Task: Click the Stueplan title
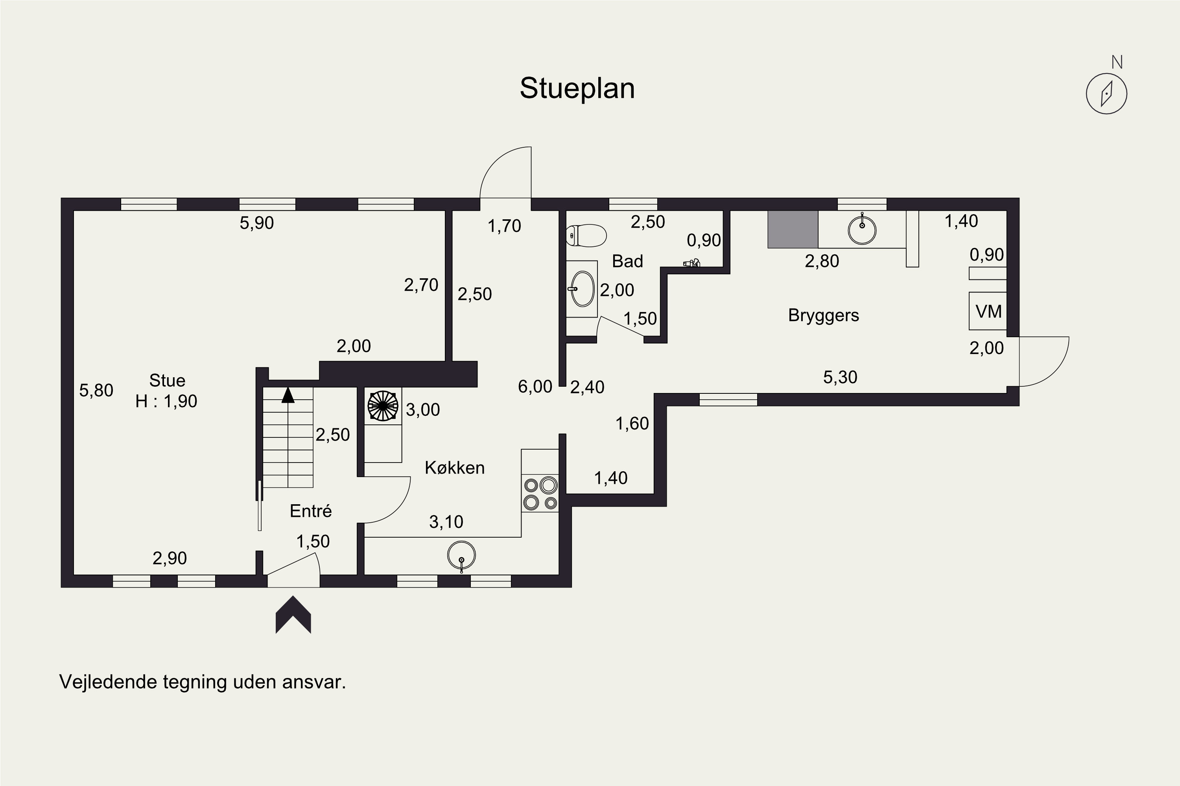(577, 89)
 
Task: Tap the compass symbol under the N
(1106, 94)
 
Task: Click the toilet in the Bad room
(586, 235)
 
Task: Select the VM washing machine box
(987, 311)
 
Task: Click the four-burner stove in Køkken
(540, 493)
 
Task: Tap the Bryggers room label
(823, 315)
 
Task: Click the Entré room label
(311, 511)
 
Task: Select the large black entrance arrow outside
(293, 615)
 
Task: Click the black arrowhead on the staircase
(288, 395)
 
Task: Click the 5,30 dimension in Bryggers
(840, 377)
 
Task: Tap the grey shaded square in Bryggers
(793, 229)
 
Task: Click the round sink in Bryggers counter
(862, 230)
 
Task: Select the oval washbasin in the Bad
(582, 289)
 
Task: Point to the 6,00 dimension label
(535, 386)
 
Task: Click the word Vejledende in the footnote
(109, 682)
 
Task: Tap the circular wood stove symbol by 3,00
(383, 406)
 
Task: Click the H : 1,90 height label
(166, 401)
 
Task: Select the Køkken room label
(455, 468)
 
